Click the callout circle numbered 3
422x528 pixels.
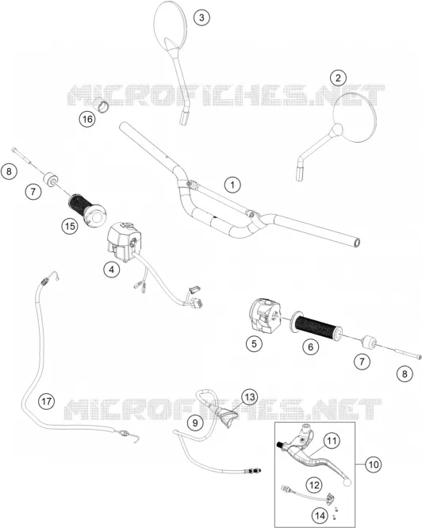tap(201, 17)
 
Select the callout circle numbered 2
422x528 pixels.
tap(338, 78)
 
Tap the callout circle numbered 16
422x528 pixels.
tap(87, 119)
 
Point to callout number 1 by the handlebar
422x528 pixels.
tap(232, 185)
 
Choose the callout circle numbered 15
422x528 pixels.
tap(70, 226)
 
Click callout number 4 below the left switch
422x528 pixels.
tap(112, 270)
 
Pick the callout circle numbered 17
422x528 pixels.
tap(47, 401)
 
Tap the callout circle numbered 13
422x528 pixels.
tap(250, 397)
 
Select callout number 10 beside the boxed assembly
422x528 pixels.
tap(374, 465)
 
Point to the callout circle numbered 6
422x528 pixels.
tap(310, 346)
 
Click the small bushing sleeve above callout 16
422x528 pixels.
tap(101, 105)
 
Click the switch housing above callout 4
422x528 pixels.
tap(122, 242)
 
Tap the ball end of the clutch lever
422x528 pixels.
tap(347, 483)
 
